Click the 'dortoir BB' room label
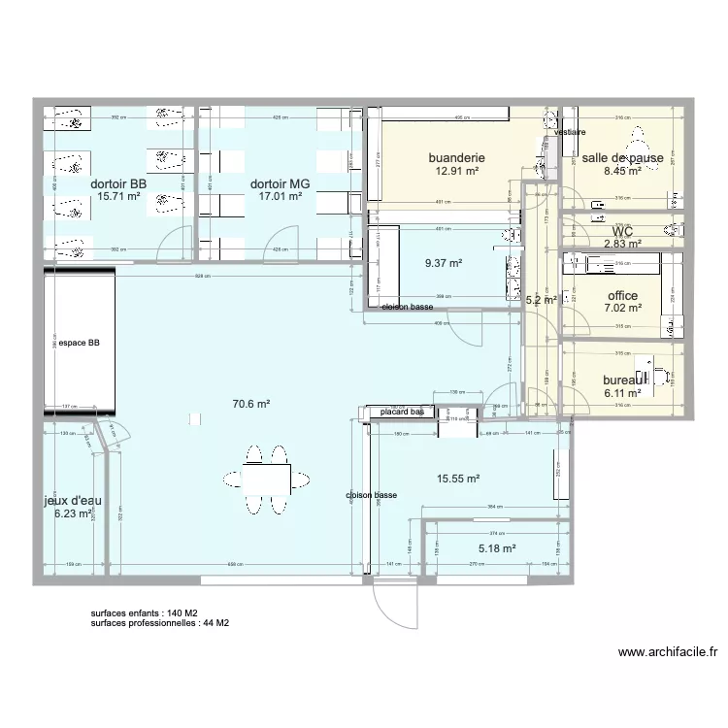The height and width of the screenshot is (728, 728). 118,183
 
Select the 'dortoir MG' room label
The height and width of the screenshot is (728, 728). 277,183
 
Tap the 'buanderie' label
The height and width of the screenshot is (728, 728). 456,157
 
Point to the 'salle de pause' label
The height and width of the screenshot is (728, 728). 622,157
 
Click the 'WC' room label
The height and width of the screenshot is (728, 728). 622,232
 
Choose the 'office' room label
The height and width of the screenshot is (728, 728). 622,296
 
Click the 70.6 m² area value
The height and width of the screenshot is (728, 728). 250,405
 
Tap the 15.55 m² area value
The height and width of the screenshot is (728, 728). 459,479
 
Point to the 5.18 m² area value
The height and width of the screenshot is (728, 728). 495,548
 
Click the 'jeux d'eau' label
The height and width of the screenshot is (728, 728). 73,501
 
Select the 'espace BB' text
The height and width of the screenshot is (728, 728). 79,344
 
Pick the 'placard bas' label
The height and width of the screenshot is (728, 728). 403,413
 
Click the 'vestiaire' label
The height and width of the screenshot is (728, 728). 570,131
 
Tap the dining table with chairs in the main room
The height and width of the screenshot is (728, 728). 267,477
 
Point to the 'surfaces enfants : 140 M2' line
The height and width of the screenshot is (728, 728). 145,613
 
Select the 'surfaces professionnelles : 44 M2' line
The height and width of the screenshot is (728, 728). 160,623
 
